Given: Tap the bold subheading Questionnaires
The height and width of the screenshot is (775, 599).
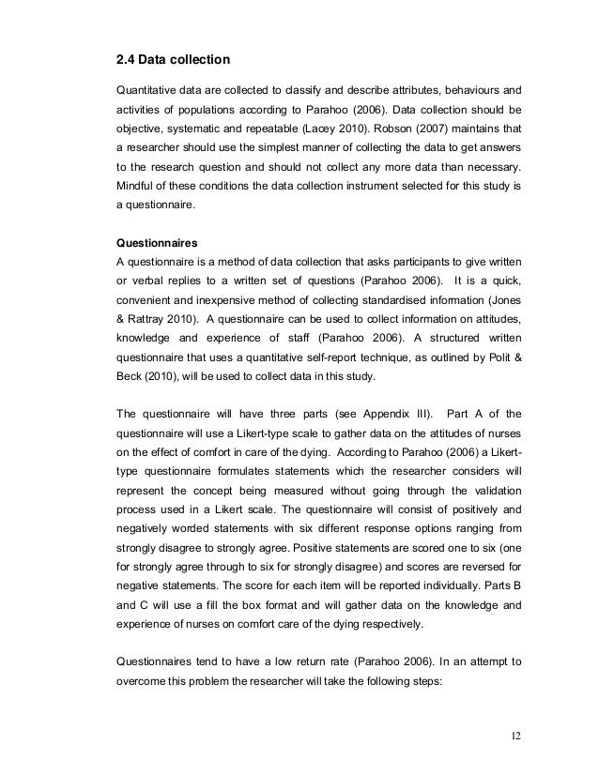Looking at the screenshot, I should (x=156, y=241).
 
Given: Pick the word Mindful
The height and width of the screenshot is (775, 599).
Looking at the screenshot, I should (x=135, y=191).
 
